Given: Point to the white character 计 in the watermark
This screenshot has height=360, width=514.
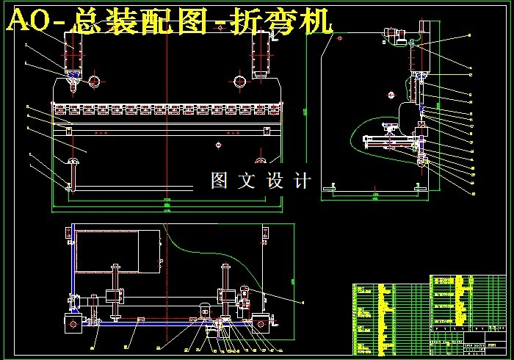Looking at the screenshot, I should click(x=303, y=181).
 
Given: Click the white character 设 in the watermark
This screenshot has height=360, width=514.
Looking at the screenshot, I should click(x=275, y=181).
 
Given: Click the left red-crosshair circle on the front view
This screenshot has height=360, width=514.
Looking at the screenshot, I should click(x=95, y=81).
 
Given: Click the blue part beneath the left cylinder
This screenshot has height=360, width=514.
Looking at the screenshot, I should click(x=74, y=76).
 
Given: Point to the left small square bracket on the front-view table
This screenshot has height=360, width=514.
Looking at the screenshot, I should click(x=68, y=129).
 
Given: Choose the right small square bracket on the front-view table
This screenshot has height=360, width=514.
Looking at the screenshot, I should click(x=266, y=129).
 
